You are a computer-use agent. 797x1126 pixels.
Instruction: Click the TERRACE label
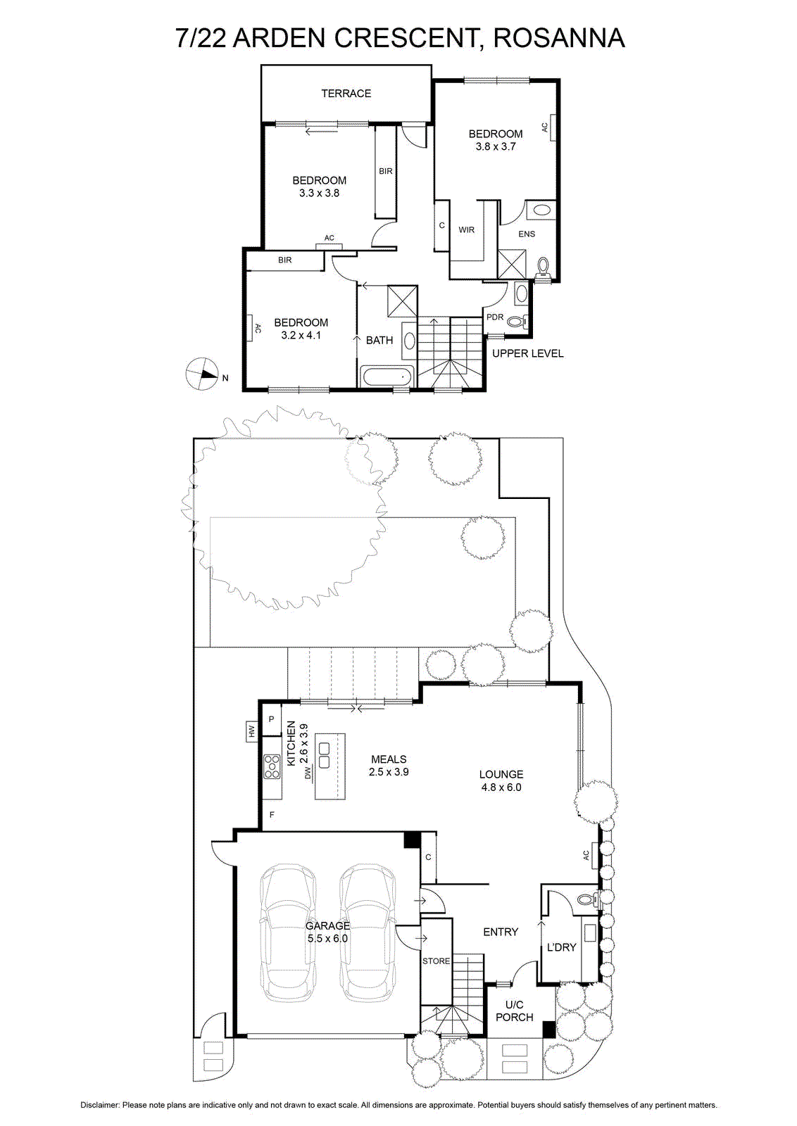pyautogui.click(x=346, y=93)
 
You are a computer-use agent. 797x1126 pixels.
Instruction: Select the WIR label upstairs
pyautogui.click(x=467, y=229)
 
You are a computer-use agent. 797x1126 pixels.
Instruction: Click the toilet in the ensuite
pyautogui.click(x=542, y=267)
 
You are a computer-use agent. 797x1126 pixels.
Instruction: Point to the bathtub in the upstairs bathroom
pyautogui.click(x=387, y=376)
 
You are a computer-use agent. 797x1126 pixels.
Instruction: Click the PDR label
pyautogui.click(x=495, y=317)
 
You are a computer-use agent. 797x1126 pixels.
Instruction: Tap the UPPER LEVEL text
pyautogui.click(x=527, y=353)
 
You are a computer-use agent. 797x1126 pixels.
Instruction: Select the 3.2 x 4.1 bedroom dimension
pyautogui.click(x=301, y=335)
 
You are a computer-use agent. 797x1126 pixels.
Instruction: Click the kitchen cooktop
pyautogui.click(x=272, y=766)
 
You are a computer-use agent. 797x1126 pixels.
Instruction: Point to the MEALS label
pyautogui.click(x=389, y=759)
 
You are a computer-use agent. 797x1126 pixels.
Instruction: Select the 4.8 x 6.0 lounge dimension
pyautogui.click(x=501, y=787)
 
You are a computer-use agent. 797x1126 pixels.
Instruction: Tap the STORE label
pyautogui.click(x=436, y=961)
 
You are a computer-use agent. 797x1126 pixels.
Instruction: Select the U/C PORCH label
pyautogui.click(x=514, y=1011)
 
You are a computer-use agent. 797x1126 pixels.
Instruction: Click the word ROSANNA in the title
pyautogui.click(x=559, y=38)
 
